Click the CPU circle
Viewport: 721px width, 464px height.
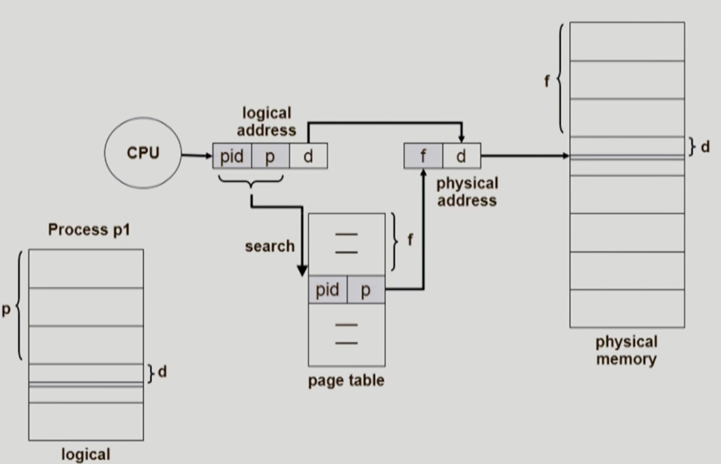point(143,154)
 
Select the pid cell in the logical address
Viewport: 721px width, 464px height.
point(232,156)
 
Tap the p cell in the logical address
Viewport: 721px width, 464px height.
point(270,156)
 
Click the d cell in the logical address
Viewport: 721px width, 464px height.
point(308,156)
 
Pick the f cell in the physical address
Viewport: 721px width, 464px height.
point(423,156)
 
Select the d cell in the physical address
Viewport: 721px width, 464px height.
point(461,156)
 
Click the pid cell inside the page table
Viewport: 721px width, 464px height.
point(327,290)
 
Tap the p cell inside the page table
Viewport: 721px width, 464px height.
point(365,290)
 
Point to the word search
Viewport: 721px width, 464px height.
point(270,246)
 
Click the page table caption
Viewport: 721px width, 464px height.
point(346,381)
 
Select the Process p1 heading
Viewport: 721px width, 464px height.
point(89,229)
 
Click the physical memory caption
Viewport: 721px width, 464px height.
point(626,351)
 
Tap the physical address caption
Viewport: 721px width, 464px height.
point(467,192)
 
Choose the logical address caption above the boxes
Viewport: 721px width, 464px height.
point(267,122)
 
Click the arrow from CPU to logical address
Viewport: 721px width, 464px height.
point(197,155)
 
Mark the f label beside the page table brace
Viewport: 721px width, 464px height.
point(409,241)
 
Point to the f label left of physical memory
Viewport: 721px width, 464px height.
point(547,82)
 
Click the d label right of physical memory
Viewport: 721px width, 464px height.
point(705,147)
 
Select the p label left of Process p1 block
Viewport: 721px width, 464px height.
point(6,312)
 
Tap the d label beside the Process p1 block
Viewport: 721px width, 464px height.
point(162,372)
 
